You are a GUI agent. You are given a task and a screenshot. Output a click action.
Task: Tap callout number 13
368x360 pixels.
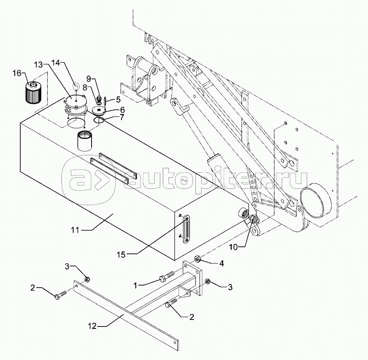coord(38,65)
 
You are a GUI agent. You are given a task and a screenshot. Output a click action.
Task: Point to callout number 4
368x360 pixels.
coord(221,264)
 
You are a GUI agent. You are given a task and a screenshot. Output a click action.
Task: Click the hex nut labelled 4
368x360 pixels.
coord(196,259)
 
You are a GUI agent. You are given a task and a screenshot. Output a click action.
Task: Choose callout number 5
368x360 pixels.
coord(118,99)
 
